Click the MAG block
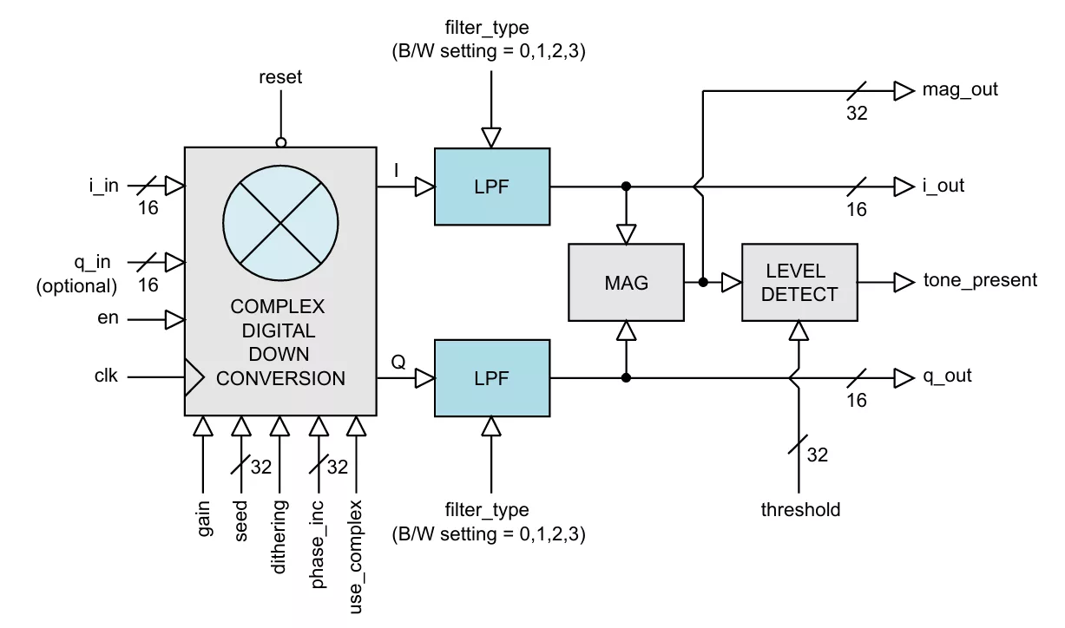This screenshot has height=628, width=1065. pyautogui.click(x=625, y=282)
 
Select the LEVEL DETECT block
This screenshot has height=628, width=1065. pyautogui.click(x=799, y=282)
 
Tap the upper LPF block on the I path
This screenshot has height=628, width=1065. pyautogui.click(x=491, y=186)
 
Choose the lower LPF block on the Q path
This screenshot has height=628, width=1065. pyautogui.click(x=491, y=378)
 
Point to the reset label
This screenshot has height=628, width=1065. pyautogui.click(x=280, y=77)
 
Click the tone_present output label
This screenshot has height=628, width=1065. pyautogui.click(x=980, y=280)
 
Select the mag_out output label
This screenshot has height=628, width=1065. pyautogui.click(x=960, y=89)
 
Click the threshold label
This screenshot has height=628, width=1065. pyautogui.click(x=800, y=510)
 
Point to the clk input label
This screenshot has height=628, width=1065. pyautogui.click(x=106, y=376)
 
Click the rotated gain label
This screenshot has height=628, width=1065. pyautogui.click(x=204, y=519)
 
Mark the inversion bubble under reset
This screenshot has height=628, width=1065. pyautogui.click(x=280, y=142)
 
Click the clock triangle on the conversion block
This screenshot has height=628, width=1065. pyautogui.click(x=194, y=377)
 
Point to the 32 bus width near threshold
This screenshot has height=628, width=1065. pyautogui.click(x=818, y=455)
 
